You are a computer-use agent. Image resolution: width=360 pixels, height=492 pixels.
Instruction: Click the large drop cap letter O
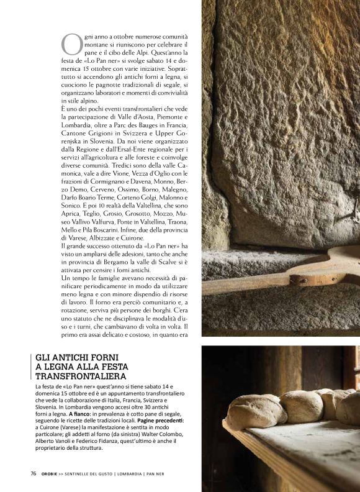click(71, 44)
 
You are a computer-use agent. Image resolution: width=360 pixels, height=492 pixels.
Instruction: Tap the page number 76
click(34, 473)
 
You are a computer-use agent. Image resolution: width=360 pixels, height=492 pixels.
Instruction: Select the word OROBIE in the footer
click(51, 473)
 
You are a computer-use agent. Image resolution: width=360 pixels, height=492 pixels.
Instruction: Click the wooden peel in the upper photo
click(286, 274)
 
